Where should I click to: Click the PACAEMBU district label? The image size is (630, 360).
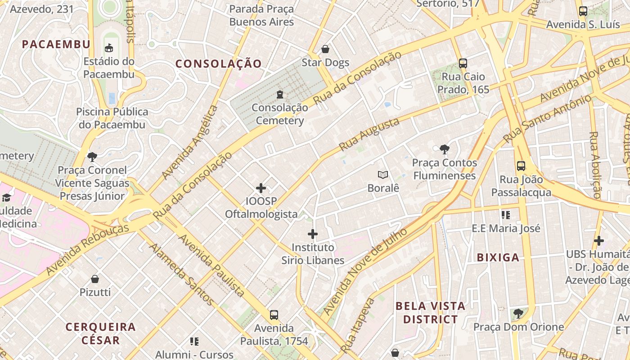click(56, 44)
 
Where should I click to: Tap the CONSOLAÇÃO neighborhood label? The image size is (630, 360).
click(218, 64)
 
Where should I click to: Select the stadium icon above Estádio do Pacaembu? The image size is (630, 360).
click(109, 48)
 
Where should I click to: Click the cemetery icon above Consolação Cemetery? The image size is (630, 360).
click(280, 94)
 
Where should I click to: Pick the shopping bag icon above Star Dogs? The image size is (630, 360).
click(325, 49)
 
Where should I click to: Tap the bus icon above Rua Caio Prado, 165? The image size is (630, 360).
click(463, 63)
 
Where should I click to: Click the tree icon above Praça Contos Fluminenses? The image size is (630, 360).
click(444, 149)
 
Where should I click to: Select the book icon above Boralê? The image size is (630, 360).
click(383, 175)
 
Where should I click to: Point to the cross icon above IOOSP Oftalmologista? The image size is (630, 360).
click(261, 188)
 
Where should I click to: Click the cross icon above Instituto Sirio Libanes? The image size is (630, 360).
click(313, 234)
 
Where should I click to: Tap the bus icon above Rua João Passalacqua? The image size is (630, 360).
click(521, 166)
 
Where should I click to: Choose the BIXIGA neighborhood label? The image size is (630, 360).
click(498, 258)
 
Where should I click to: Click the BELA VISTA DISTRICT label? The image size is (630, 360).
click(430, 313)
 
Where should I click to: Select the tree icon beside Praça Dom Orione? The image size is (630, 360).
click(518, 313)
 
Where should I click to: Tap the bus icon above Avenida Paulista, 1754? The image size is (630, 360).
click(274, 315)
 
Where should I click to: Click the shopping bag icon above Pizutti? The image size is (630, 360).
click(95, 279)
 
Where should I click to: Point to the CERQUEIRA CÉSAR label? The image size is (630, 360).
click(100, 333)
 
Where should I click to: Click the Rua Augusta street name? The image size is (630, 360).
click(369, 134)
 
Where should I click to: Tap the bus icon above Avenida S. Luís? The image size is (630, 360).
click(583, 11)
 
